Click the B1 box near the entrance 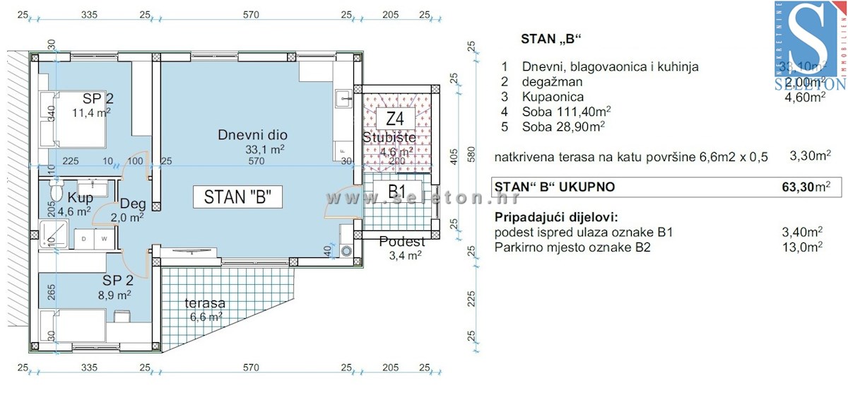[x=396, y=192]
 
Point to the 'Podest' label [x=402, y=242]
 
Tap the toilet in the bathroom [x=57, y=192]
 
